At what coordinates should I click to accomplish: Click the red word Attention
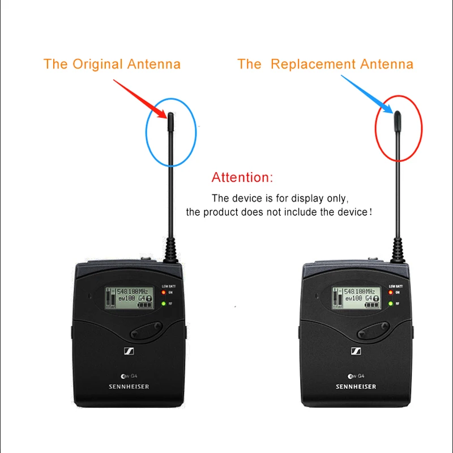coord(242,177)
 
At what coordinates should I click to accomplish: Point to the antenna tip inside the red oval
coord(398,116)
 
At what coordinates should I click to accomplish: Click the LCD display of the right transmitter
coord(355,298)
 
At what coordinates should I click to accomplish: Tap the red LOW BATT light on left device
coord(163,292)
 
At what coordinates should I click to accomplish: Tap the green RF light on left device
coord(163,304)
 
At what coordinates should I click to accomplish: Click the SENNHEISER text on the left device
coord(130,387)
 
